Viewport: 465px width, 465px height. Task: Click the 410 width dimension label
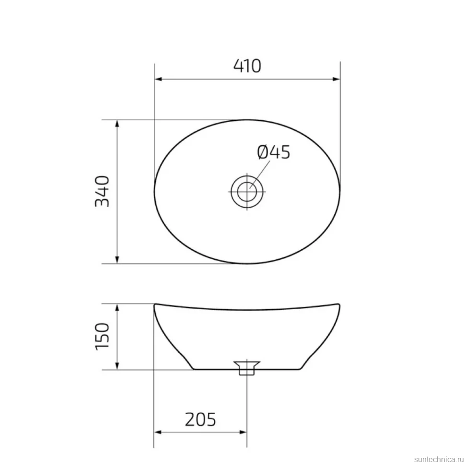tap(247, 66)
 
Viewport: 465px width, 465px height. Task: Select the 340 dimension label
tap(102, 191)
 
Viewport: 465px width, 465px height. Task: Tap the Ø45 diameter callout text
tap(273, 152)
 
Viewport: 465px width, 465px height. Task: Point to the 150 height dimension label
tap(102, 337)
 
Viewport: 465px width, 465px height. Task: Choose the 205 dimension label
tap(200, 419)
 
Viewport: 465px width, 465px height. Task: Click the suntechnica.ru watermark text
tap(439, 459)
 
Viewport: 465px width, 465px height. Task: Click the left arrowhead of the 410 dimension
tap(158, 79)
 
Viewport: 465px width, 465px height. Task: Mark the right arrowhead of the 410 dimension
tap(337, 79)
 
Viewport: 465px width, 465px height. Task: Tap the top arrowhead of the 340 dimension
tap(117, 124)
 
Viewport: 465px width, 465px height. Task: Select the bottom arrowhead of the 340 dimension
tap(117, 259)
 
